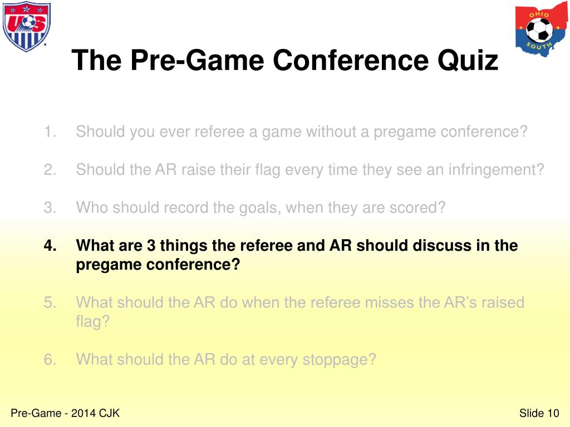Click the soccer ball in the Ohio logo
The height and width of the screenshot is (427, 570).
(x=539, y=29)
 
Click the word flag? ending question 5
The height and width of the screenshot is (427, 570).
(x=92, y=322)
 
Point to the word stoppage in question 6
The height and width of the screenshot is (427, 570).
(x=339, y=360)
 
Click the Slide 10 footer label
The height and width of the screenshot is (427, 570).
(x=538, y=413)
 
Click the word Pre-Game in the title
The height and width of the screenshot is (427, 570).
(x=167, y=60)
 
